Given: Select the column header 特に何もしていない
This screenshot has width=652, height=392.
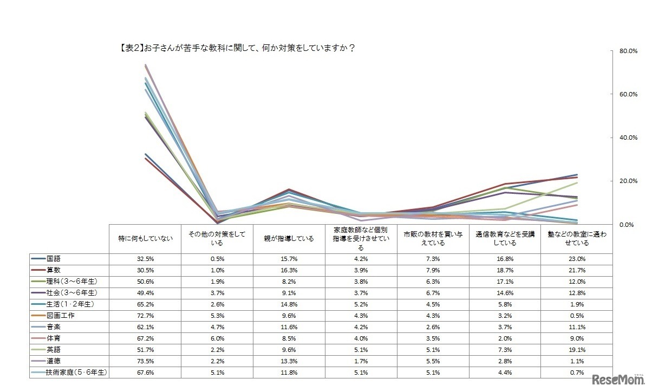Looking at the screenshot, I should (x=145, y=238).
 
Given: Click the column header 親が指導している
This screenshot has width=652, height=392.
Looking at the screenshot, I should (x=289, y=238).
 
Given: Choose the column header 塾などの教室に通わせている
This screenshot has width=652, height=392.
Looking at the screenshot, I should (x=577, y=239).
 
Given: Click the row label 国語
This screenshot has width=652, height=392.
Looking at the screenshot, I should (x=54, y=259).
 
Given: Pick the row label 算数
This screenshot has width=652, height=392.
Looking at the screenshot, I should (x=54, y=269).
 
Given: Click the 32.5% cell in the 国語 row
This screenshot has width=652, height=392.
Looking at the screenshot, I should (x=145, y=259).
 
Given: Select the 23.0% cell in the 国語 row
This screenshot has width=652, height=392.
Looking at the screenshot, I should (x=577, y=259).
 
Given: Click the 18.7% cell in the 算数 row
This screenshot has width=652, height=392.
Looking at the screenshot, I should (x=505, y=269).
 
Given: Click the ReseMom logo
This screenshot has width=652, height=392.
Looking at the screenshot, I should (x=618, y=378).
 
